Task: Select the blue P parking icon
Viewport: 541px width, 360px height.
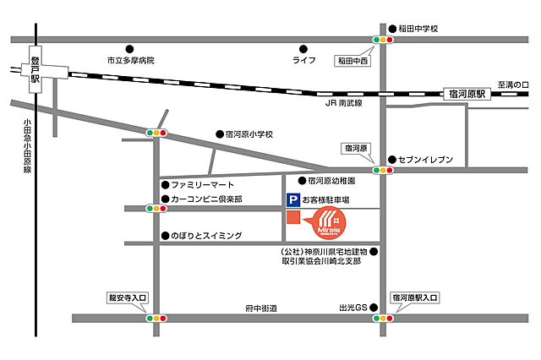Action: [292, 201]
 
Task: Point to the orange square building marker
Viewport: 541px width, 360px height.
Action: [292, 219]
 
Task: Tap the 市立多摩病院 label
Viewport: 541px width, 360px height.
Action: [136, 61]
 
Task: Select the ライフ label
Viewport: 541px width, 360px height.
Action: [303, 61]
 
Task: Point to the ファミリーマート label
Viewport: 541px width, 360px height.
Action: [202, 184]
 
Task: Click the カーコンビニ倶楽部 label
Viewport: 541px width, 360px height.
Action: [206, 199]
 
